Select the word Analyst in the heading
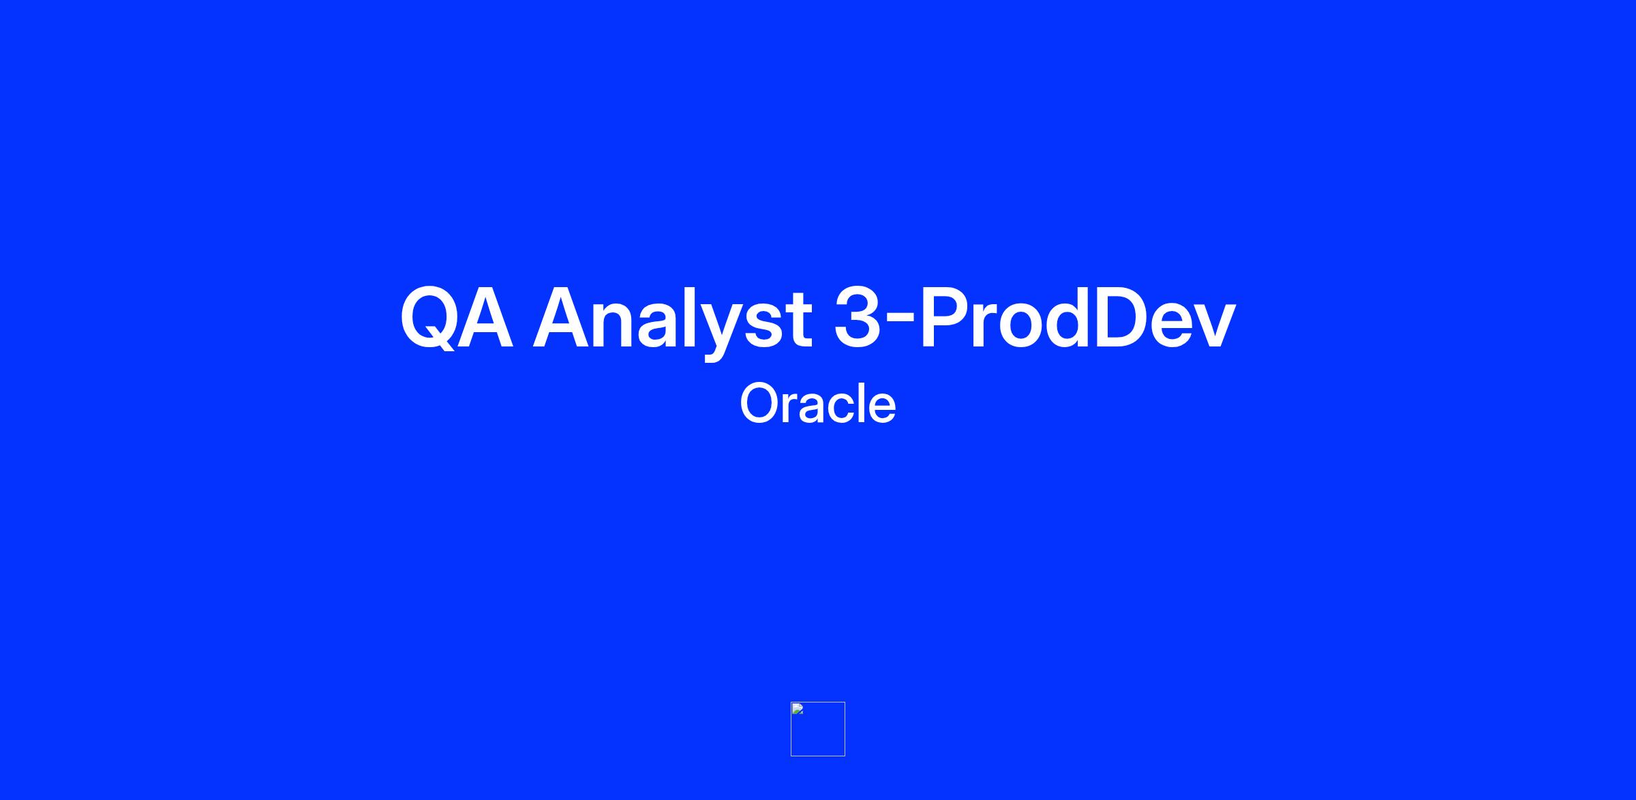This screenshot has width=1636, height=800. (672, 319)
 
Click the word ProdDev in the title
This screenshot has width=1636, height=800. (1077, 317)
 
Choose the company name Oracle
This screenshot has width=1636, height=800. (817, 404)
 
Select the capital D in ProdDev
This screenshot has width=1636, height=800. (1121, 318)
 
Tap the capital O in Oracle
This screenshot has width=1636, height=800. (761, 404)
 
